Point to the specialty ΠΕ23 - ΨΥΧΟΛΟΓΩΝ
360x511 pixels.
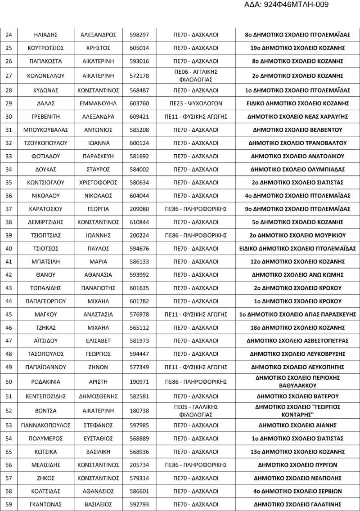click(196, 103)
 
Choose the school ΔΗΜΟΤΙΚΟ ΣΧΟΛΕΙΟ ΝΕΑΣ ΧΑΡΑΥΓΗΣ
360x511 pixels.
click(298, 117)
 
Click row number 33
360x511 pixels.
click(9, 156)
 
